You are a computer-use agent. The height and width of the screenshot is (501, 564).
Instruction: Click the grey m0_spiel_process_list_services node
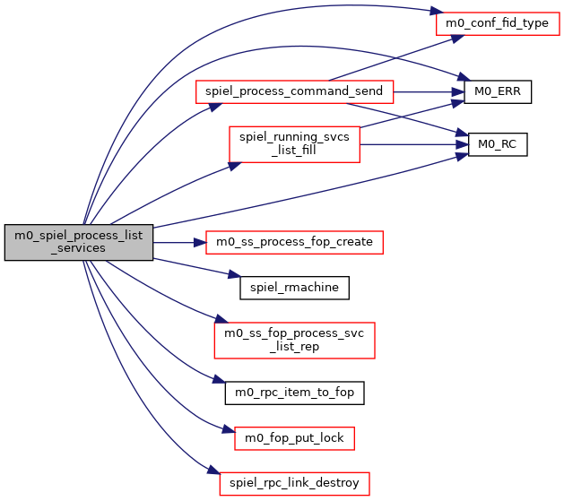[x=79, y=242]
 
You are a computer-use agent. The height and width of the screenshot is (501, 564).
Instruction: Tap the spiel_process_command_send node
[x=294, y=91]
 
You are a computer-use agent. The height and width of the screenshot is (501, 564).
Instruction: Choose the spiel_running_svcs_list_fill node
[x=294, y=143]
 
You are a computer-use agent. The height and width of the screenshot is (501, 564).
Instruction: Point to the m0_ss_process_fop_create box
[x=294, y=241]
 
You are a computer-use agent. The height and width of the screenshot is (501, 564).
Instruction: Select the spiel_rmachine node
[x=294, y=288]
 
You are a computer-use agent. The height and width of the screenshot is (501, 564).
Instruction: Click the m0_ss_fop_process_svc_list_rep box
[x=294, y=340]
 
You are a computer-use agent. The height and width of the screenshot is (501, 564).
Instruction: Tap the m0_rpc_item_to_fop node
[x=294, y=392]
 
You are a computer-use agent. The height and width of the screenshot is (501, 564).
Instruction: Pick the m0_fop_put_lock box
[x=294, y=437]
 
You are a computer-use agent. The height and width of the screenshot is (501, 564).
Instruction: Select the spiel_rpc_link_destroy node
[x=294, y=483]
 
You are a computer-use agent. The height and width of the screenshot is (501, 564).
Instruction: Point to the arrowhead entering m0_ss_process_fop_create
[x=200, y=242]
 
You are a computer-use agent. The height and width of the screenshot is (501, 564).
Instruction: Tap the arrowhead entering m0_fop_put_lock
[x=227, y=431]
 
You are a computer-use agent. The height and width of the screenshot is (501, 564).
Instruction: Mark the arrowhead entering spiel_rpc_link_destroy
[x=213, y=472]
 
